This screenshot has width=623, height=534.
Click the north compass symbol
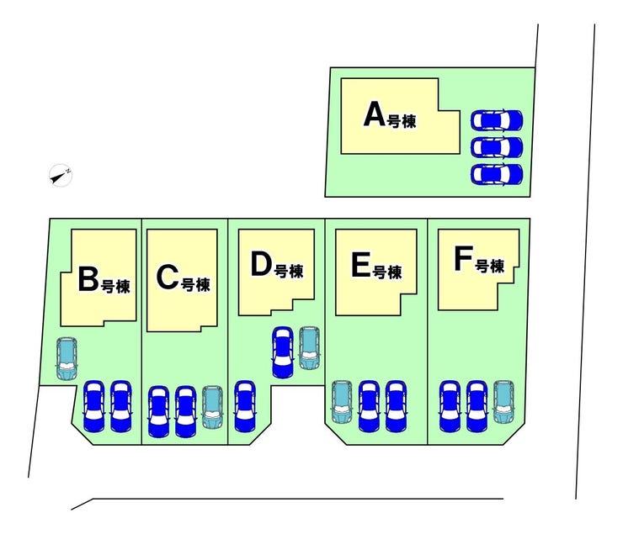[61, 175]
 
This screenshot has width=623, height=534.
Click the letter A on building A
[375, 114]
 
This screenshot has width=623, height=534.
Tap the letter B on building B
[88, 279]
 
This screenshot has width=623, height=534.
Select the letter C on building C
[168, 278]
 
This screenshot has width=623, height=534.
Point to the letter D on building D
[261, 264]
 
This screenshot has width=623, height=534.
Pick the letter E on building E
[361, 265]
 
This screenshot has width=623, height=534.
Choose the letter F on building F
[463, 259]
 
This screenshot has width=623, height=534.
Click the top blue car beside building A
[497, 120]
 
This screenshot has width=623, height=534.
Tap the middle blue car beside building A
[497, 147]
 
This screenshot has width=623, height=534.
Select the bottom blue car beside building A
[497, 174]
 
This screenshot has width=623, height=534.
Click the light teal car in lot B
[67, 358]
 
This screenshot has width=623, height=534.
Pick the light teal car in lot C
[212, 407]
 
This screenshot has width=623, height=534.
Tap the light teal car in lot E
[342, 402]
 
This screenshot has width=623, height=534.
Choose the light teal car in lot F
[503, 401]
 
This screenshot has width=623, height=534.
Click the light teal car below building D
[309, 348]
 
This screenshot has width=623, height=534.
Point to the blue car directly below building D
[283, 352]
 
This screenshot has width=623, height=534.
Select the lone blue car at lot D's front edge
[245, 406]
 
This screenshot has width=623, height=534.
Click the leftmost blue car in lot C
[158, 412]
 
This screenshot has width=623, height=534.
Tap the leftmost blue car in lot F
[450, 406]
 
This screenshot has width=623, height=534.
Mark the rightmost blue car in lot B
[120, 406]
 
